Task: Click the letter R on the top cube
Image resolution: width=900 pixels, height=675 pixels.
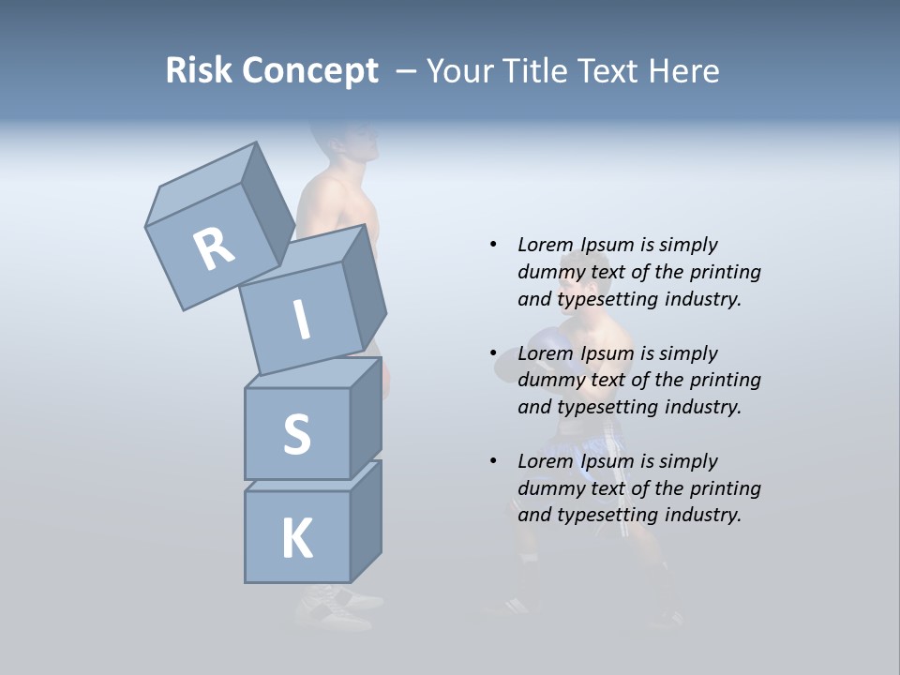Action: click(x=214, y=249)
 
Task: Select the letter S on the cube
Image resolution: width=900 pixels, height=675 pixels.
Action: click(x=296, y=433)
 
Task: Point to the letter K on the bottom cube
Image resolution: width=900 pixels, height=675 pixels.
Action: click(x=296, y=539)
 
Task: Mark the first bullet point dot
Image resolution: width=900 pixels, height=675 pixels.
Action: click(x=493, y=245)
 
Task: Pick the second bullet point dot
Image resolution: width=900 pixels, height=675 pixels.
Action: click(x=493, y=353)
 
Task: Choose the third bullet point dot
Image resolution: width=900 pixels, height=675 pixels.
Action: click(x=493, y=461)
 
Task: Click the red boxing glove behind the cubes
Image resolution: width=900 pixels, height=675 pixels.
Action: click(x=384, y=380)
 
